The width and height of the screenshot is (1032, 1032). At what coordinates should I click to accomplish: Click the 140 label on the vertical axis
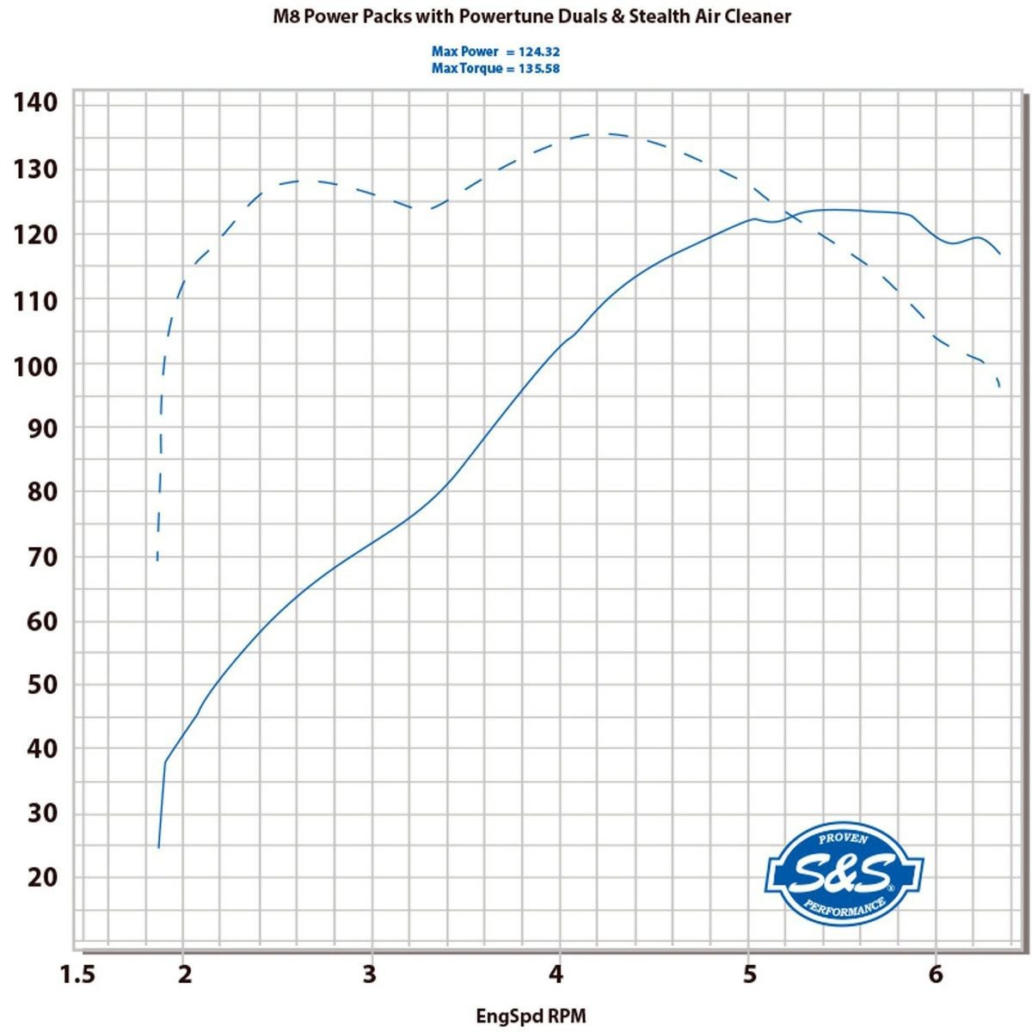(x=35, y=103)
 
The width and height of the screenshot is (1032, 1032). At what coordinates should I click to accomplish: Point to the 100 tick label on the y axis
(x=35, y=366)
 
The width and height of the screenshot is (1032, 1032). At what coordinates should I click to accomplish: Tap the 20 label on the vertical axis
(x=41, y=877)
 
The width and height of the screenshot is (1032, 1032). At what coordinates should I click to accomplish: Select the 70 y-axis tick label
(x=41, y=557)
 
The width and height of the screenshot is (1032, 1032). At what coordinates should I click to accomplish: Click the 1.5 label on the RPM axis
(x=77, y=974)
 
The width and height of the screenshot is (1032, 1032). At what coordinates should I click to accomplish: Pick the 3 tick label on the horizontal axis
(x=371, y=974)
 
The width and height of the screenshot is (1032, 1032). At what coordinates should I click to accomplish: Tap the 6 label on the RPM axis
(x=936, y=974)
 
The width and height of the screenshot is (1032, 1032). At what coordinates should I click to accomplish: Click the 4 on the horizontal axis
(x=557, y=974)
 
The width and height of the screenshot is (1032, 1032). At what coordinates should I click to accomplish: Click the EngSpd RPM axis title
(x=531, y=1017)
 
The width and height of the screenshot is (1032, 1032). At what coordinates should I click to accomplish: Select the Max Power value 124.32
(x=539, y=52)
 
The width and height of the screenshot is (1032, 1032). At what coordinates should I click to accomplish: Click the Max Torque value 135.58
(x=539, y=69)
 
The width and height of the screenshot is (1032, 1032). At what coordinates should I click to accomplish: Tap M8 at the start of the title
(x=286, y=16)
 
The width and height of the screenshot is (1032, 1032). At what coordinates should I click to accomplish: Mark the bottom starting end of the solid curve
(x=158, y=848)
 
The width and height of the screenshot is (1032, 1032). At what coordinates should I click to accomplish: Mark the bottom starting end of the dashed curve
(x=157, y=561)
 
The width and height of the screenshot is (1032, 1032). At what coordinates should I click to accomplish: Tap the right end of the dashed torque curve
(x=1000, y=387)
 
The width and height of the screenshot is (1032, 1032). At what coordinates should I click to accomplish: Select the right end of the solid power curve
(x=1000, y=254)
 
